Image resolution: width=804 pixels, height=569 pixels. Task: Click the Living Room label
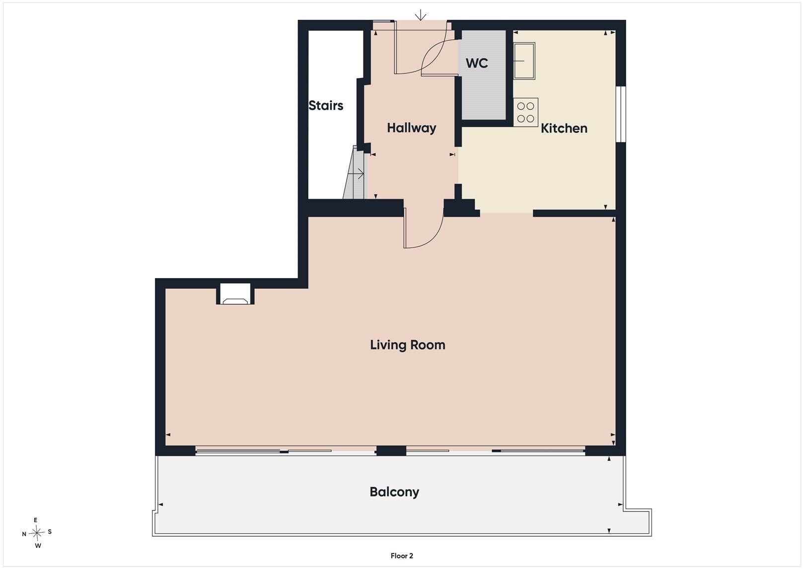tap(408, 345)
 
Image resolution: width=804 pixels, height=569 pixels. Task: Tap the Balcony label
tap(394, 492)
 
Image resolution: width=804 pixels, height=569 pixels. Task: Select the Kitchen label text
tap(564, 128)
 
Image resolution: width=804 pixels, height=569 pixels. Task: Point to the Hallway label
tap(412, 128)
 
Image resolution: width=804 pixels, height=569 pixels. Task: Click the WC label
tap(477, 63)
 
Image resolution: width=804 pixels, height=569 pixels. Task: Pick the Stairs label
tap(326, 105)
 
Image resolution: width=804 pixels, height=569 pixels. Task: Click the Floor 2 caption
tap(402, 556)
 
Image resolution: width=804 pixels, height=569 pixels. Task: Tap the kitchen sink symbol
tap(524, 61)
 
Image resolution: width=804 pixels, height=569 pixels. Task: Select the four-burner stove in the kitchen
tap(525, 112)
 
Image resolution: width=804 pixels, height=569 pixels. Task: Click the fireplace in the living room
tap(235, 294)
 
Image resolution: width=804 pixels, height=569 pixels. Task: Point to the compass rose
tap(37, 533)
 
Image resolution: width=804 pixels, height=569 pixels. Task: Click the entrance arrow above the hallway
tap(420, 15)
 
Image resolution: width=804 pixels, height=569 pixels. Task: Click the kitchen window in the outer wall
tap(621, 114)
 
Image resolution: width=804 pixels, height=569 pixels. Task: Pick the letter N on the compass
tap(24, 534)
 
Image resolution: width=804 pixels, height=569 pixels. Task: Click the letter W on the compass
tap(38, 546)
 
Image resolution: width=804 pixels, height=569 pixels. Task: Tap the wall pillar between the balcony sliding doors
tap(391, 451)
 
